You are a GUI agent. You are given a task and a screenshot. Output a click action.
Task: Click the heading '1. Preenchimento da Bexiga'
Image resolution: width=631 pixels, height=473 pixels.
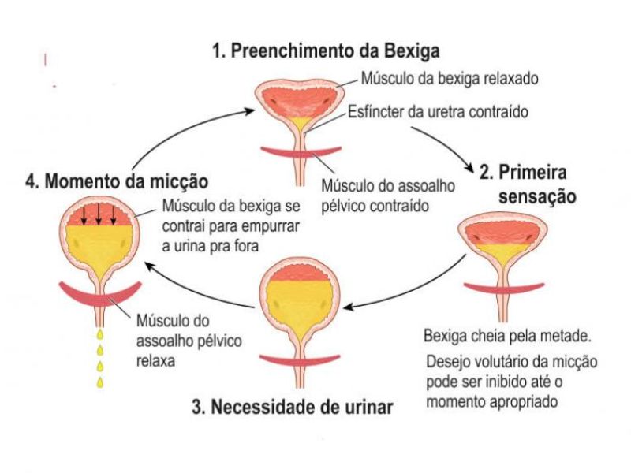coord(326,51)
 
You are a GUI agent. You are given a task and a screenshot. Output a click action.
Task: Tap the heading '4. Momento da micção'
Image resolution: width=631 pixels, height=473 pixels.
coord(117,181)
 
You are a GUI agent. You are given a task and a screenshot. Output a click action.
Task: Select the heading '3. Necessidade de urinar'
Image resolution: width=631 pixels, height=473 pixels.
coord(292,407)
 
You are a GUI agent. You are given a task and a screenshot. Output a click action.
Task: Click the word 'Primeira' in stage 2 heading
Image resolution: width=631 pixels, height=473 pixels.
coord(533,172)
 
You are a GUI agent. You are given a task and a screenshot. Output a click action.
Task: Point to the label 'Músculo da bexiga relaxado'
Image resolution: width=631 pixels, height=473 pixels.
coord(450,78)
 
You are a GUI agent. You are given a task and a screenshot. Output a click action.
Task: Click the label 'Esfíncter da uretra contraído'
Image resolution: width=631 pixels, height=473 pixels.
coord(438,111)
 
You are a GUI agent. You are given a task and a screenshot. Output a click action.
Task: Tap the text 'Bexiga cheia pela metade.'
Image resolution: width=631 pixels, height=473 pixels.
coord(507,336)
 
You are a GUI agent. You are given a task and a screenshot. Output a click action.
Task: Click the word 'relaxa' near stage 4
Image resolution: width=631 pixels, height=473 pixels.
coord(155,361)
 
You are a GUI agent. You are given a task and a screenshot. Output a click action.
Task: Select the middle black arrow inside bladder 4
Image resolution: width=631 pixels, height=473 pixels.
coord(99,215)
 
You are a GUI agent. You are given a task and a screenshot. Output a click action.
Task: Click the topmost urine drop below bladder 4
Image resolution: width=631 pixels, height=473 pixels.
coord(100,333)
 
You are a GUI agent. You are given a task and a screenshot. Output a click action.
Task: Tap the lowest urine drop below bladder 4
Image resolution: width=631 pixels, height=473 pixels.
coord(100,382)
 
